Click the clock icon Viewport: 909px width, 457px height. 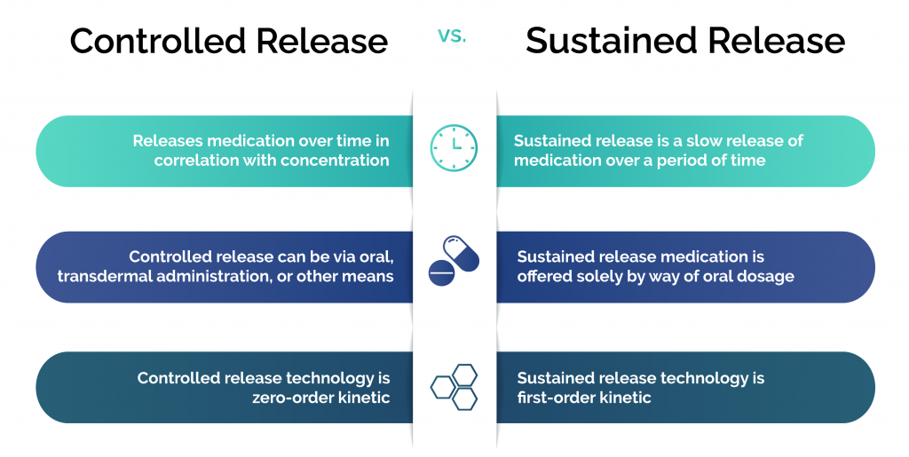click(x=454, y=147)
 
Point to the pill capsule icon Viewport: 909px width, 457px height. click(x=462, y=253)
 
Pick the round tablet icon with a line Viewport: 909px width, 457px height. click(x=441, y=274)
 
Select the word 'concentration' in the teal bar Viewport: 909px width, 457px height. click(x=338, y=161)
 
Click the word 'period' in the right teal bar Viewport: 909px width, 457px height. click(x=690, y=161)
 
